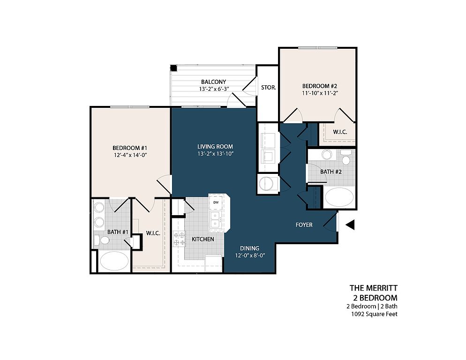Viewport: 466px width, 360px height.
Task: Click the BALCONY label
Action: click(213, 82)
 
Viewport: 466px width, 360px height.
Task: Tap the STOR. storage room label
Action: click(269, 88)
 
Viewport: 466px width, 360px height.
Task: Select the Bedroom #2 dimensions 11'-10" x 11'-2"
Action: click(320, 93)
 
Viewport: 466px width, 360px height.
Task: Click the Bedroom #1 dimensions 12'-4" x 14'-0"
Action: click(130, 155)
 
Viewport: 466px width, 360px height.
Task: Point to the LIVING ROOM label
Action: click(215, 147)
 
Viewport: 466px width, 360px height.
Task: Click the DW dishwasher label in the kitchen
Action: click(216, 202)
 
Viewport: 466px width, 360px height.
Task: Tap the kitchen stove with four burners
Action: click(180, 239)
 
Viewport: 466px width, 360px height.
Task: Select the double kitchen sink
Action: click(215, 220)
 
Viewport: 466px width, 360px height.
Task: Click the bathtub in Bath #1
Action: click(114, 261)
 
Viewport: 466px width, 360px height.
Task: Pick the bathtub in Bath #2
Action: click(339, 197)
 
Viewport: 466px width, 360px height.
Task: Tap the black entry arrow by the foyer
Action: click(350, 225)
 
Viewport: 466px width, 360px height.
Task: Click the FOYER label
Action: click(304, 225)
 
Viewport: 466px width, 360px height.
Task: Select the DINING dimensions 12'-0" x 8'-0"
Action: click(250, 255)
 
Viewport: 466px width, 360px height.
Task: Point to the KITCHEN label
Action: click(203, 239)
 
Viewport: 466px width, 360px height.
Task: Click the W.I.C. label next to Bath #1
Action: click(153, 233)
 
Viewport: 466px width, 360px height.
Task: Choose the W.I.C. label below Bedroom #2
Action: click(340, 132)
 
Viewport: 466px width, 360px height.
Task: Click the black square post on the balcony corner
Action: click(173, 68)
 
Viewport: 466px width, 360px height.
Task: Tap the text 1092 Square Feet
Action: click(374, 314)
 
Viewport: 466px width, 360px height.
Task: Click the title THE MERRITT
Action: click(374, 288)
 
